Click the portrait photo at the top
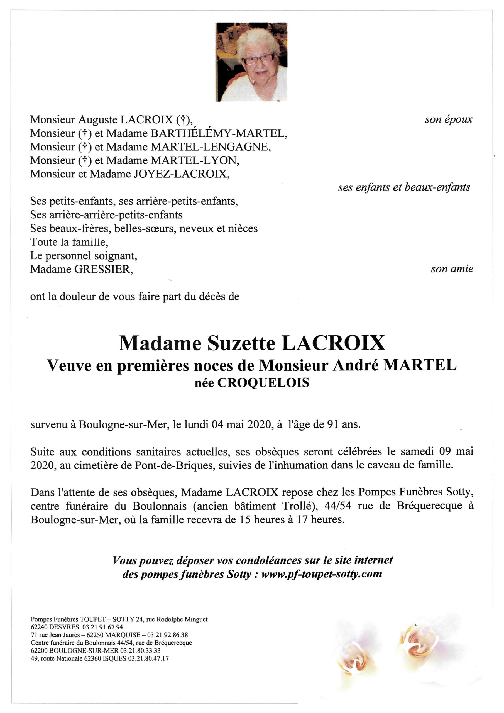(x=251, y=62)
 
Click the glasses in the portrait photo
(x=258, y=59)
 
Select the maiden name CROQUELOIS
(x=263, y=383)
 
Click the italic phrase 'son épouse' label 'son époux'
(x=448, y=119)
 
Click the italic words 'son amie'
(x=452, y=269)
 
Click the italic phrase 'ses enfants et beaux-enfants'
(x=404, y=187)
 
